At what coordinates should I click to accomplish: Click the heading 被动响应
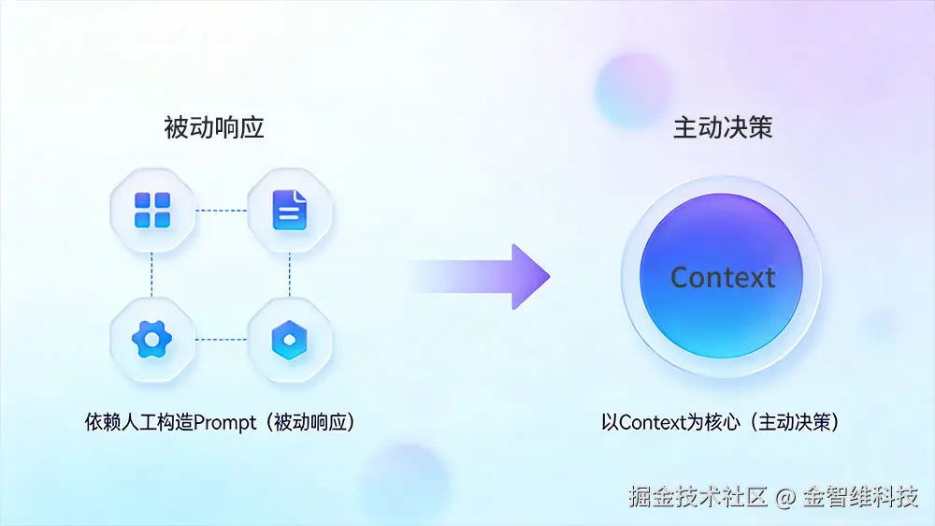coord(214,128)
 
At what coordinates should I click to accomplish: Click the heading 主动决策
coord(723,128)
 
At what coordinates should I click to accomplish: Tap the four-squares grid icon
coord(151,211)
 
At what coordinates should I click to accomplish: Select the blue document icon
coord(289,211)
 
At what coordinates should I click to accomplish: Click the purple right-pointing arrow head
coord(530,276)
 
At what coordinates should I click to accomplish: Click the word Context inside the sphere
coord(723,277)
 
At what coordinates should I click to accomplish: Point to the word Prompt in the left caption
coord(224,422)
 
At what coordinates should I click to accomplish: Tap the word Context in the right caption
coord(654,422)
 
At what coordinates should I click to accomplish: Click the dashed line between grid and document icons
coord(221,211)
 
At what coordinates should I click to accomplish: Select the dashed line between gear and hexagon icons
coord(221,340)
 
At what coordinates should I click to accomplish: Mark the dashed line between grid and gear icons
coord(151,275)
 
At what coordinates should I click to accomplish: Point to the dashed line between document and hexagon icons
coord(289,275)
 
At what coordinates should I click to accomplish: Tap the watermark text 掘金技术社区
coord(698,497)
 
